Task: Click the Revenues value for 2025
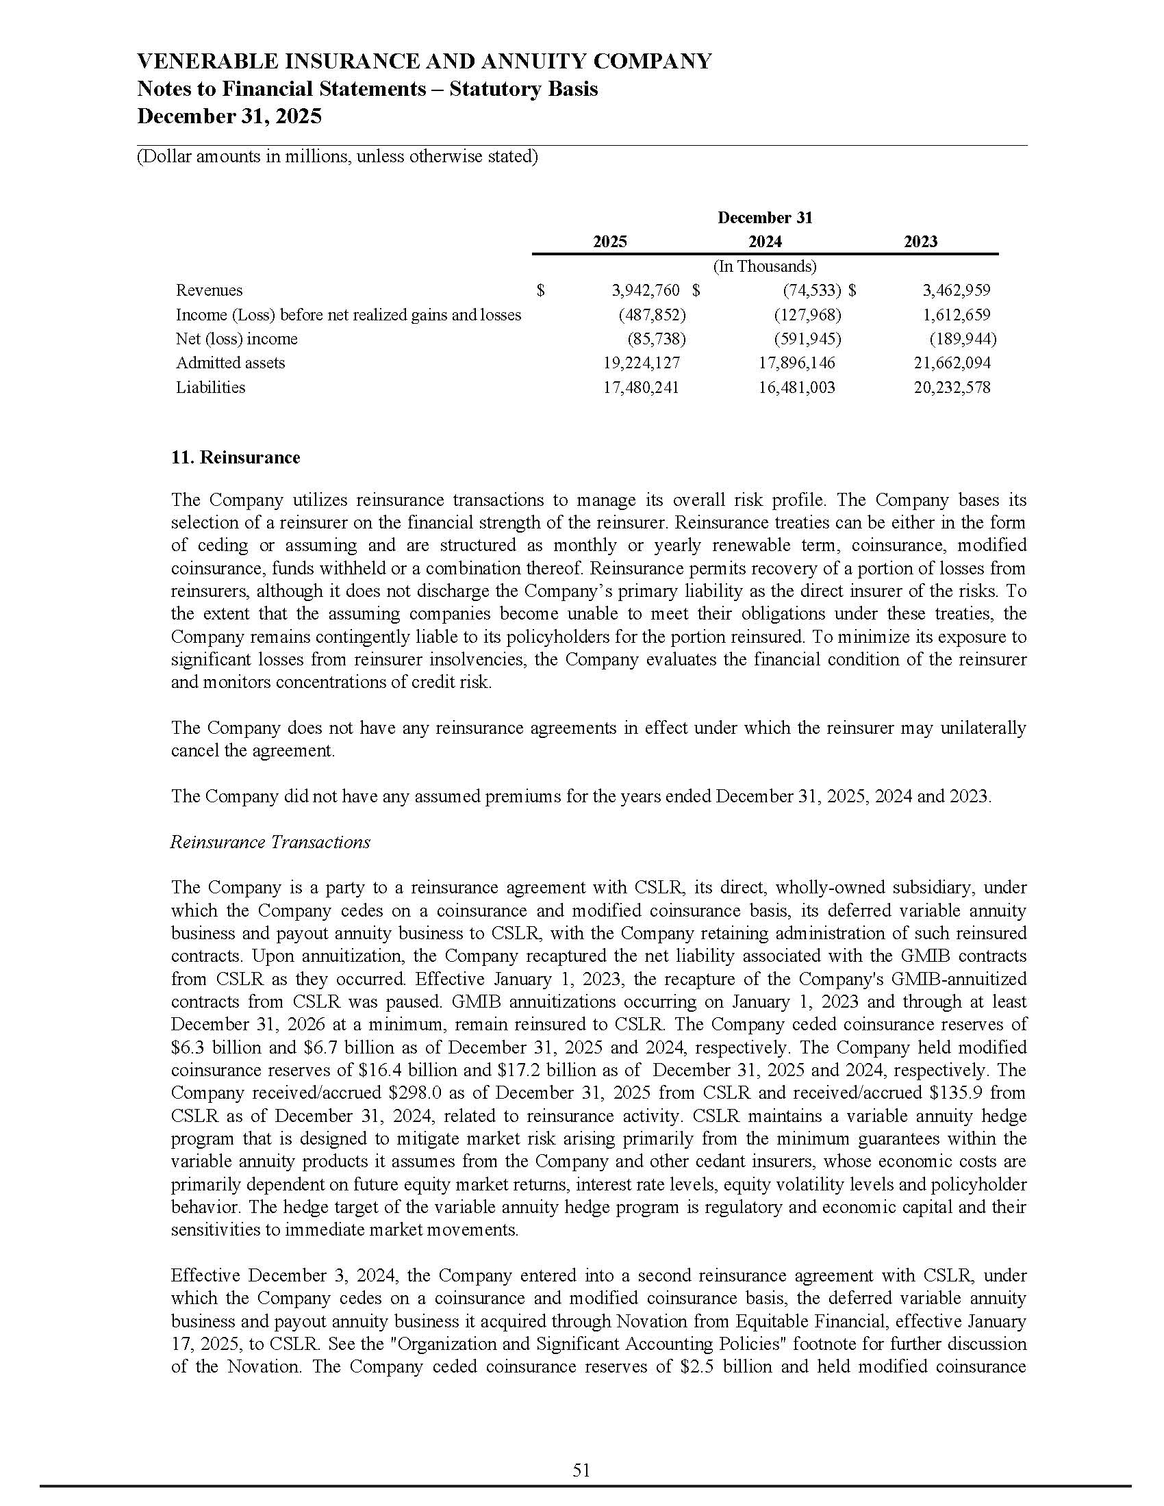coord(646,290)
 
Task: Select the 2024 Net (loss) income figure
coord(807,339)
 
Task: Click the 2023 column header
coord(920,242)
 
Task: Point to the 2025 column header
coord(610,242)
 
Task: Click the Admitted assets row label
coord(230,363)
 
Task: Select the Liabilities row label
coord(210,387)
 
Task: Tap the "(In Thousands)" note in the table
coord(765,266)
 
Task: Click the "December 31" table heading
coord(765,218)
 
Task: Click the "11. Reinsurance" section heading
coord(235,458)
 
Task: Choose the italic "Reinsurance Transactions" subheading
coord(270,842)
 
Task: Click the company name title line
coord(424,62)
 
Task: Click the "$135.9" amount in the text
coord(953,1093)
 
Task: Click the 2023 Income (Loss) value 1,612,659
coord(957,314)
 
